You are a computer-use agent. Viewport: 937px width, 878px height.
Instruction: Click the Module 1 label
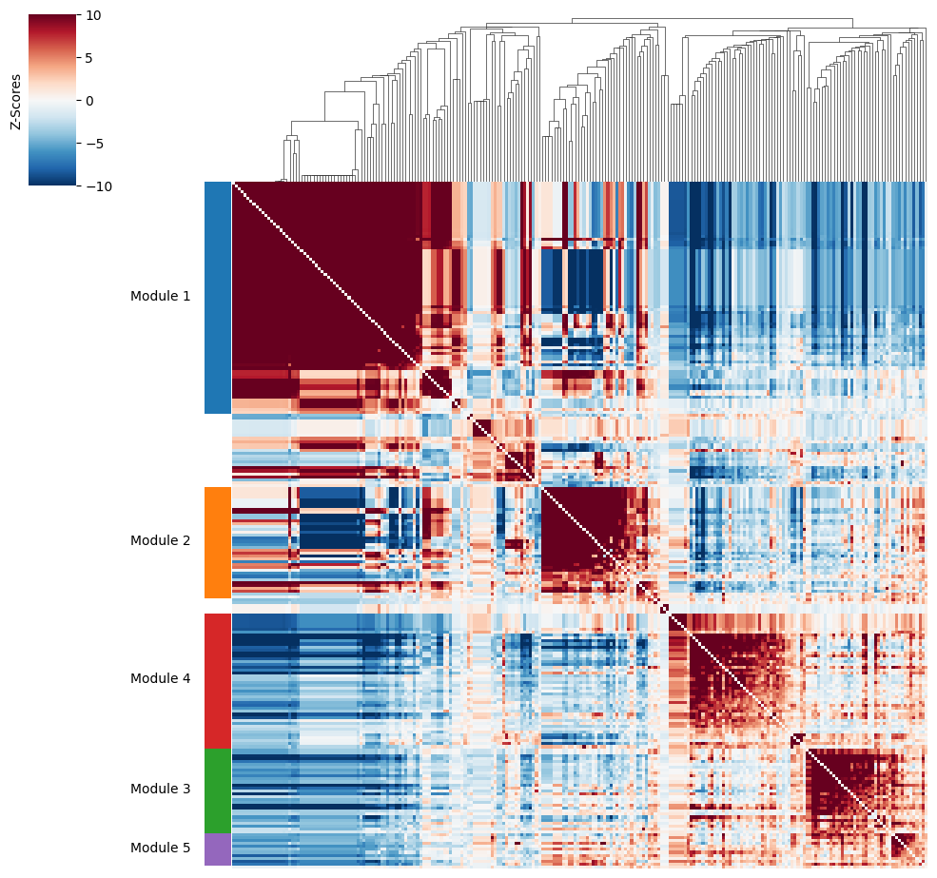tap(160, 296)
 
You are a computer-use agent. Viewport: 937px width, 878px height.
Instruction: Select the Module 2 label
tap(160, 540)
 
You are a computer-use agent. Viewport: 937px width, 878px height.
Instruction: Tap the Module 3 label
tap(160, 789)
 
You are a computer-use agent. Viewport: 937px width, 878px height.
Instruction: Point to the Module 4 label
tap(160, 678)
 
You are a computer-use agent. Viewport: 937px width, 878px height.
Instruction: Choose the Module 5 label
tap(160, 848)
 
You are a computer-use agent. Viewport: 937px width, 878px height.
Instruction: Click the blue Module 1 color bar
tap(218, 298)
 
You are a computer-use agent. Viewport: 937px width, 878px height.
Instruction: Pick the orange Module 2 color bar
tap(218, 543)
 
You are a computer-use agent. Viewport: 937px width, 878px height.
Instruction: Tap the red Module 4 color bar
tap(218, 681)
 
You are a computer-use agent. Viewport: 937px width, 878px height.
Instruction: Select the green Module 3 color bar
tap(218, 791)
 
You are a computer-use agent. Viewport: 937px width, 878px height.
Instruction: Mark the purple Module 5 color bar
tap(218, 849)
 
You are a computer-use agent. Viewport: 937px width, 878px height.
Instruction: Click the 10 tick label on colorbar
tap(94, 15)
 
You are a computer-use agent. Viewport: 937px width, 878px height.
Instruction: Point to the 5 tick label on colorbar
tap(89, 58)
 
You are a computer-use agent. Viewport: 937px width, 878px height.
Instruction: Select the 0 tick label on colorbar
tap(89, 101)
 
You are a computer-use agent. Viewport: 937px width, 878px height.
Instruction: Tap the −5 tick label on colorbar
tap(90, 144)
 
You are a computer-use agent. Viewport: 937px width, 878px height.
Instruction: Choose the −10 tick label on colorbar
tap(95, 186)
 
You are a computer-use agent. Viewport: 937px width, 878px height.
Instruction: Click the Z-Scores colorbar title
tap(15, 102)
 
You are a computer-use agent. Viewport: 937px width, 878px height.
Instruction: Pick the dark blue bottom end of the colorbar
tap(52, 182)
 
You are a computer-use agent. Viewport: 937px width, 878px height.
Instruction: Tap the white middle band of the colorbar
tap(52, 101)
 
